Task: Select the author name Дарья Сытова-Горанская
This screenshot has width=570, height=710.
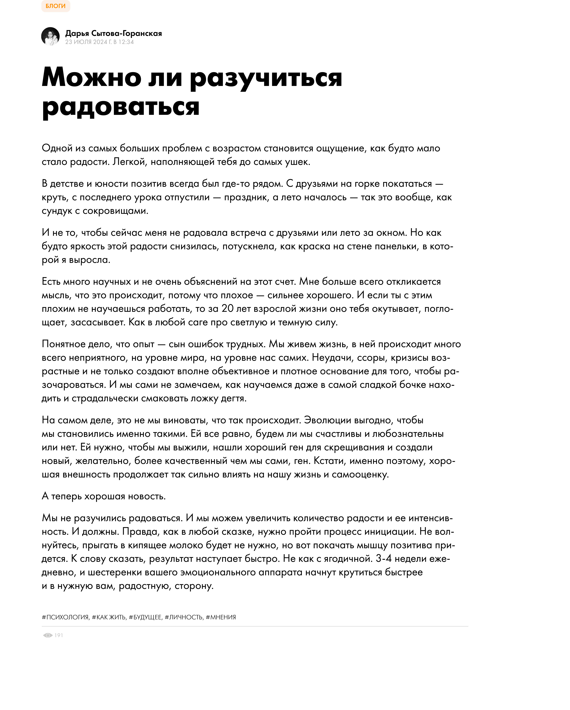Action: click(113, 33)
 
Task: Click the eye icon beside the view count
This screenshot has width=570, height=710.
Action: click(48, 635)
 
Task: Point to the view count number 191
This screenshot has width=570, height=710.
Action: click(59, 635)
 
